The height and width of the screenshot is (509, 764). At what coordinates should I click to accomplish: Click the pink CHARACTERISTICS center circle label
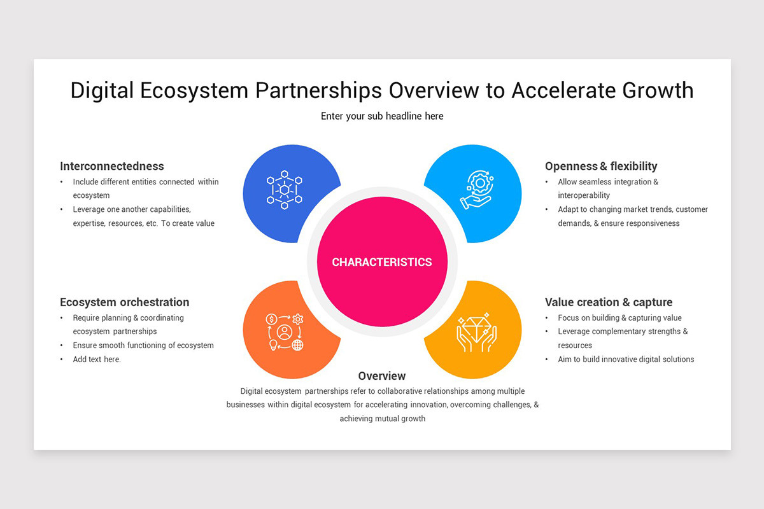coord(382,262)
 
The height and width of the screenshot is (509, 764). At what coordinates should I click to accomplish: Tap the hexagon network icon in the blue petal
coord(285,190)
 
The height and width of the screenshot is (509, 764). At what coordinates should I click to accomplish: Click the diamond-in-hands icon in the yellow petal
coord(476,332)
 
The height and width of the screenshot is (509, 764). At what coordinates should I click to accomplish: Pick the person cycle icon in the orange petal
coord(285,332)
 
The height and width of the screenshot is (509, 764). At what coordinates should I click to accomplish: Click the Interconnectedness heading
coord(112,166)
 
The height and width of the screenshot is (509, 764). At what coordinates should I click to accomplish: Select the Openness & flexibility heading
coord(601,166)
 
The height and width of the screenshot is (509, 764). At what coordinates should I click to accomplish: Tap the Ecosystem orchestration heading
coord(125,302)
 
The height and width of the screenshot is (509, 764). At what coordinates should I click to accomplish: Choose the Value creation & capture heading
coord(609,302)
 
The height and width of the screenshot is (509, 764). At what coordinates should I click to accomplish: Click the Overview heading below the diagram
coord(382,376)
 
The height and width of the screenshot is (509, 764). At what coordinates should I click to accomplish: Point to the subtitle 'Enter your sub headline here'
coord(382,116)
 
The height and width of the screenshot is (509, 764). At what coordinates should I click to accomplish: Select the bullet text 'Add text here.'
coord(97,359)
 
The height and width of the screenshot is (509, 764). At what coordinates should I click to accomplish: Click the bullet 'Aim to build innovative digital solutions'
coord(626,359)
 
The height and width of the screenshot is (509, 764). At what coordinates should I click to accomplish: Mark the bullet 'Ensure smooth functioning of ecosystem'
coord(143,345)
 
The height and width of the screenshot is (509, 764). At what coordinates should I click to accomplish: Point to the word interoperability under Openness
coord(584,195)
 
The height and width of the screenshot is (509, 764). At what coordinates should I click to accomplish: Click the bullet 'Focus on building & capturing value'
coord(619,318)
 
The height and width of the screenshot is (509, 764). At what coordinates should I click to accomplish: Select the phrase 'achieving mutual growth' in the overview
coord(382,419)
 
